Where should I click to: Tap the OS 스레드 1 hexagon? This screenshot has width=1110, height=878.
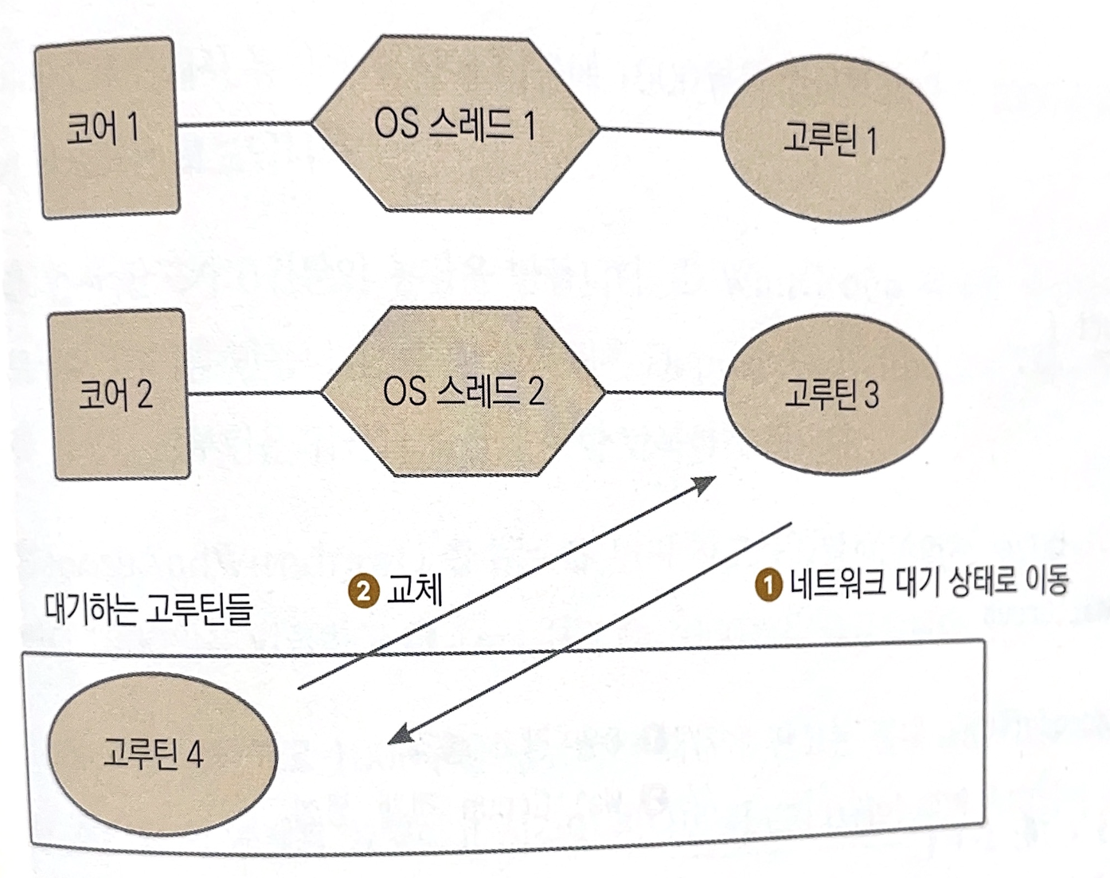455,125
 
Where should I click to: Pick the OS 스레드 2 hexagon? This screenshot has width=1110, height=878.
463,392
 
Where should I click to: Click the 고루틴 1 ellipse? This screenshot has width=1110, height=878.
831,141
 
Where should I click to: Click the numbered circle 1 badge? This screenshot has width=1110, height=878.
768,584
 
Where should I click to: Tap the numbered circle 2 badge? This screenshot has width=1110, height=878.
364,592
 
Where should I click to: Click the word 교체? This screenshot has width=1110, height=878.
413,591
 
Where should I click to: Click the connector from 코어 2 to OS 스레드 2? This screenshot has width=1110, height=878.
254,393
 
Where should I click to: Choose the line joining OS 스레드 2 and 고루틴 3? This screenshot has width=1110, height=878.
664,393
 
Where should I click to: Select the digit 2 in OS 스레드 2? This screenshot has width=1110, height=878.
534,392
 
